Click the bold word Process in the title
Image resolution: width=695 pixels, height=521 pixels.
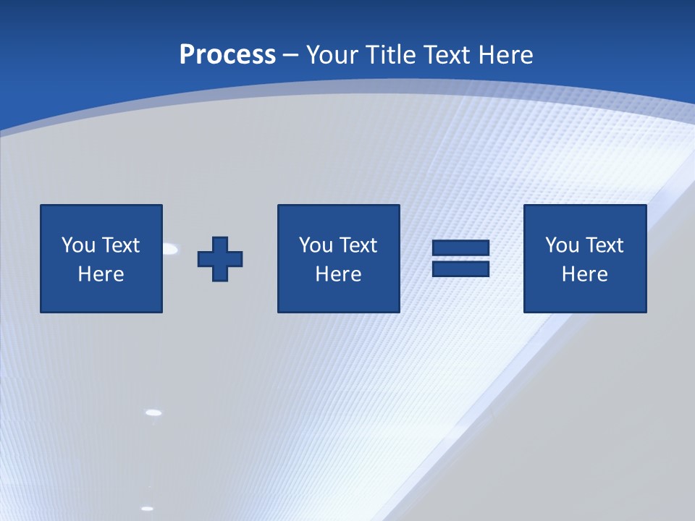227,55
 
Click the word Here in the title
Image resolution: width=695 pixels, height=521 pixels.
507,55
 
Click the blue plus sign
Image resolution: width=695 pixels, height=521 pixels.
220,259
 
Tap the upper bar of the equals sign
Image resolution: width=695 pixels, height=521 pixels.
460,248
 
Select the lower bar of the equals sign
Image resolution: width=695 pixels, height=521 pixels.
460,269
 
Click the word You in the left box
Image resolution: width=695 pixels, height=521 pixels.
78,245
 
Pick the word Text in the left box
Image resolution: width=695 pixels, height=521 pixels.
119,245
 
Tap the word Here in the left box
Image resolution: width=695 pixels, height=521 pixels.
101,274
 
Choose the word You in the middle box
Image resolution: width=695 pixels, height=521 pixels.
316,245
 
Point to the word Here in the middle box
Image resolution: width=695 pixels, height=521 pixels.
338,274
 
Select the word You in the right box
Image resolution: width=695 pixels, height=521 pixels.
562,245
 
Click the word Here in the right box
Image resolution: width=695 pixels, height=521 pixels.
584,274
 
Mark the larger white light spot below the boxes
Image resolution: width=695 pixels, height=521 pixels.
153,412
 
